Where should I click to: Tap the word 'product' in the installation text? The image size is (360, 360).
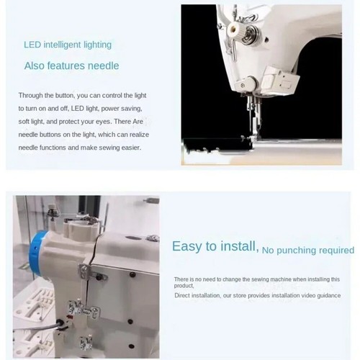tap(185, 284)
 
